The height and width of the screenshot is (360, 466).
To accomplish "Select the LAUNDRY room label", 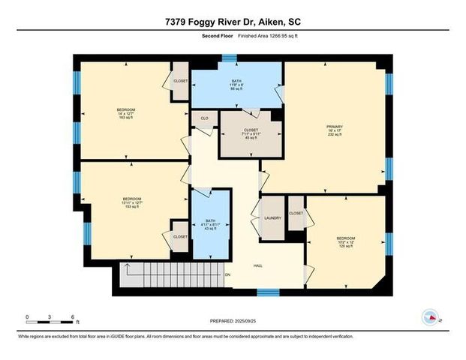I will (x=272, y=218).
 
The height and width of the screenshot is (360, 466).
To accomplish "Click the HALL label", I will (x=257, y=265).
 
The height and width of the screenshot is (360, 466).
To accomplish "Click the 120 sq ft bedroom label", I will (x=346, y=243).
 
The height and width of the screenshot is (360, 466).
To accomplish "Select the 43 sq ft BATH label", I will (x=209, y=226).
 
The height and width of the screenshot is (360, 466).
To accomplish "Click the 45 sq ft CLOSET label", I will (x=251, y=133).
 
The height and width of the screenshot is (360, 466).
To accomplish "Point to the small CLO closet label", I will (x=203, y=118).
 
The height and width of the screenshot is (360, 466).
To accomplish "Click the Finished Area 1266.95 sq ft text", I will (x=258, y=36).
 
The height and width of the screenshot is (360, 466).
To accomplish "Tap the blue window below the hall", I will (x=268, y=291).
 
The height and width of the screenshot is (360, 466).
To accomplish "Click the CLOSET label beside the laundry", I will (x=296, y=213).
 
